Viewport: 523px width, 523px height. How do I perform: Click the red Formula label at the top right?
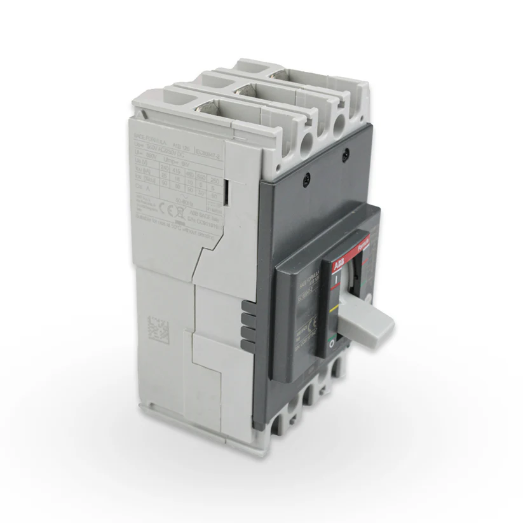[363, 238]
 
